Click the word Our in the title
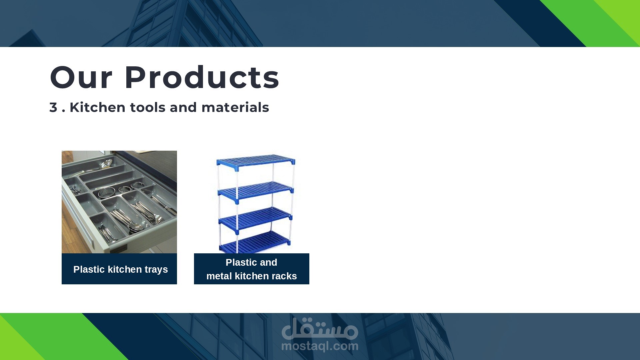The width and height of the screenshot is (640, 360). coord(81,77)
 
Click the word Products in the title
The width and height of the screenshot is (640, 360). coord(202,77)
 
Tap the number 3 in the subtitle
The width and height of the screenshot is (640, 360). coord(53,107)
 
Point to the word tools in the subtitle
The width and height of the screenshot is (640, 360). coord(148,107)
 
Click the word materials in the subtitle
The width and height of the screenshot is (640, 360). coord(235,107)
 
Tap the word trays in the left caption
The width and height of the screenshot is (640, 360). coord(156,270)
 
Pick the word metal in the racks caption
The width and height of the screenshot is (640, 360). coord(219,276)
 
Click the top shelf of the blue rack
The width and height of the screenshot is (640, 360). coord(256,160)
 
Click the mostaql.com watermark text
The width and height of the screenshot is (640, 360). coord(320,346)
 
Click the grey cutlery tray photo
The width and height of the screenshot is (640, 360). coord(119,202)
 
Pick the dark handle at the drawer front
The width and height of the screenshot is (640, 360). coord(118,249)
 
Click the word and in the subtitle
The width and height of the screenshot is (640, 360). coord(183,107)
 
